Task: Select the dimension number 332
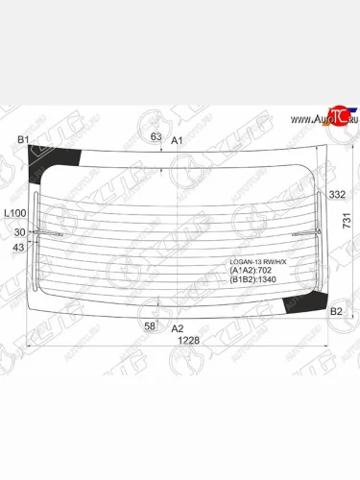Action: (x=336, y=195)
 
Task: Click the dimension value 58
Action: (x=150, y=326)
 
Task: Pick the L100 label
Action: (x=14, y=212)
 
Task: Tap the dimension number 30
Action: (x=20, y=231)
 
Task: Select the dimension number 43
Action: (x=20, y=249)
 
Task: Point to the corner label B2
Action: (x=336, y=312)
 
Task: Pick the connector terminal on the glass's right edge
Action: (x=319, y=231)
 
